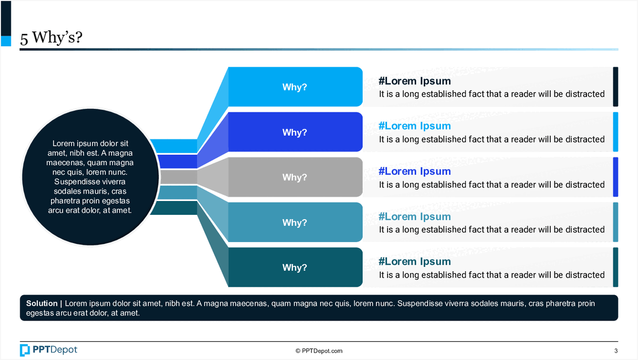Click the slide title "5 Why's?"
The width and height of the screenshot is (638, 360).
click(51, 38)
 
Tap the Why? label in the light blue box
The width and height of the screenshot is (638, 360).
click(295, 87)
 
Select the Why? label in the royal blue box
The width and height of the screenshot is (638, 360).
click(295, 132)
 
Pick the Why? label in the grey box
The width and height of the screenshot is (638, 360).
click(295, 178)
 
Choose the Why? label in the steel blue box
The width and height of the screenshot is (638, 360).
click(295, 223)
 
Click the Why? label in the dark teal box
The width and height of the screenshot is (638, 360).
click(295, 267)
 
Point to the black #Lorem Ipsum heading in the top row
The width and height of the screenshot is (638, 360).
click(415, 81)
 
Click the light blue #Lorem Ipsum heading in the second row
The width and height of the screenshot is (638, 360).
click(415, 126)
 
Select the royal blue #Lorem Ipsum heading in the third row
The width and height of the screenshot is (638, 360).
click(415, 171)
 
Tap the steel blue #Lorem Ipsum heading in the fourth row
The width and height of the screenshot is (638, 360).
click(415, 216)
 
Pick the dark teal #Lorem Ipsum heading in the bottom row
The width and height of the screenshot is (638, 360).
click(415, 262)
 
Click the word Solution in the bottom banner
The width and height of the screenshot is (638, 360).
click(41, 304)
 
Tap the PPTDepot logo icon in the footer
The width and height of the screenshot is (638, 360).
click(25, 350)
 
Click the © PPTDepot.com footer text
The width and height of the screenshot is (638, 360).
click(319, 351)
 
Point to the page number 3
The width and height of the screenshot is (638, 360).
click(616, 351)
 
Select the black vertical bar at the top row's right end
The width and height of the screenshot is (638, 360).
click(616, 87)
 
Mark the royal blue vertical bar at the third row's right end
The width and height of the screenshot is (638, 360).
click(616, 177)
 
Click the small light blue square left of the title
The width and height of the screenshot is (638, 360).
click(6, 41)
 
